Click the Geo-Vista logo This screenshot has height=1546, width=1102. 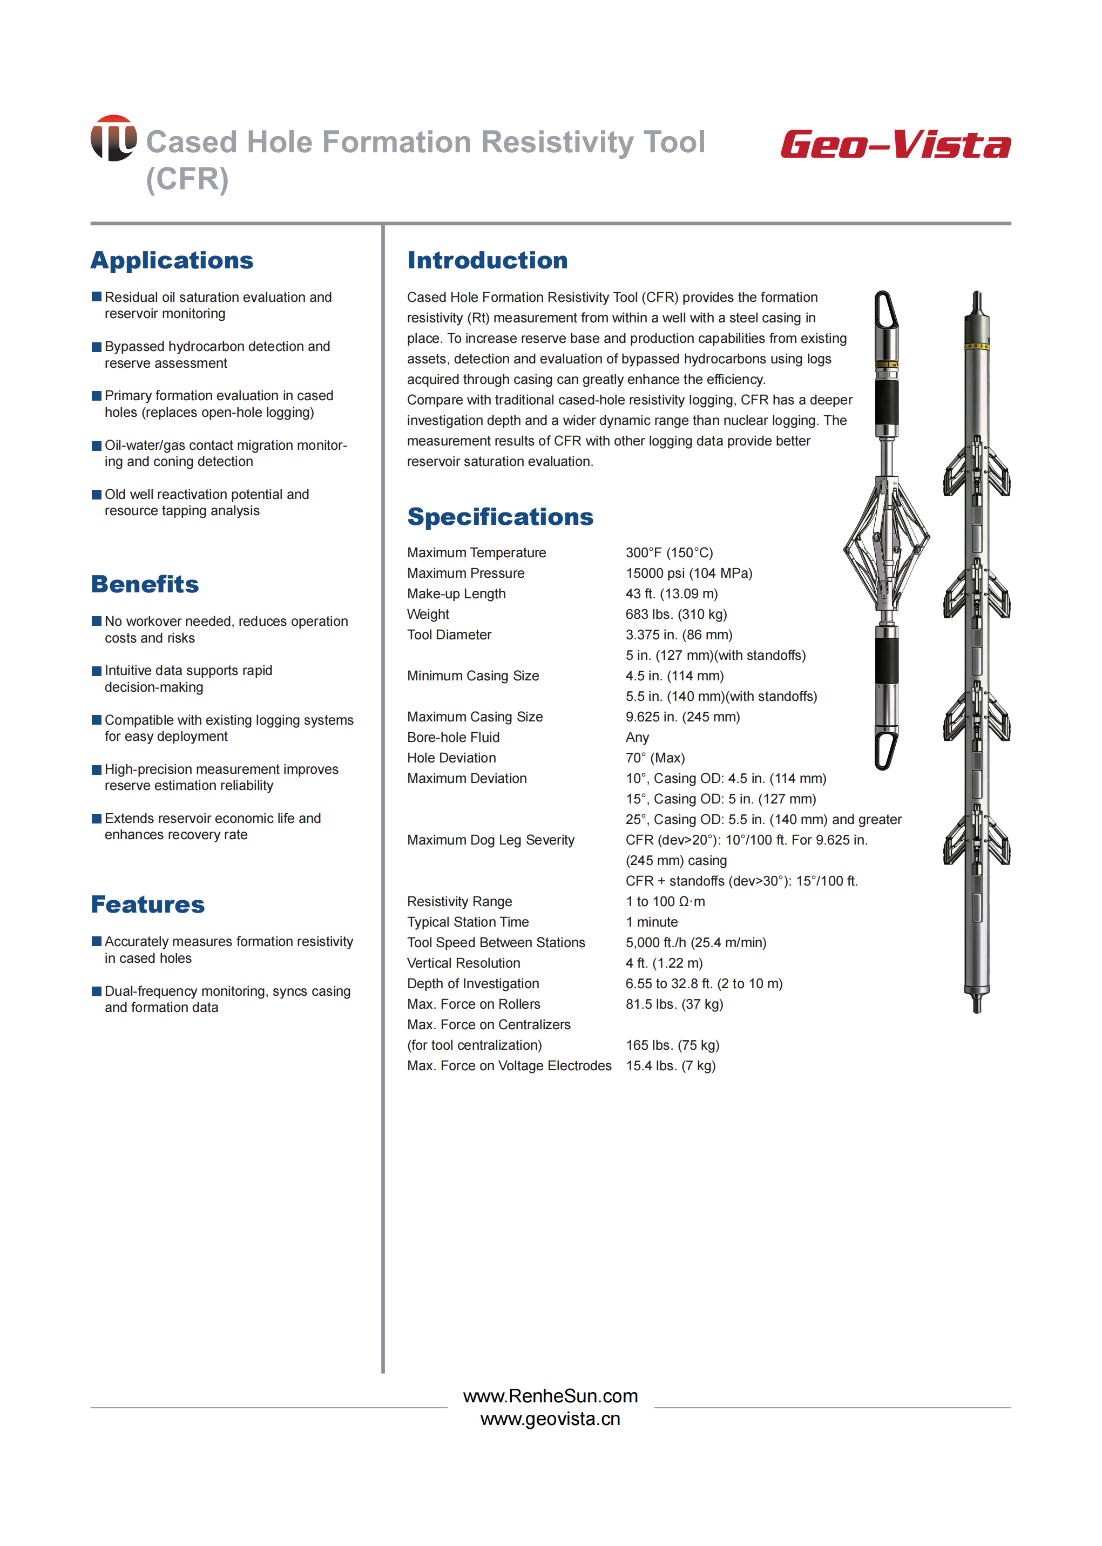(x=895, y=145)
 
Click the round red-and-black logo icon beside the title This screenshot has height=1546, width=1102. (x=113, y=138)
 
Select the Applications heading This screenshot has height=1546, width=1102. (x=172, y=261)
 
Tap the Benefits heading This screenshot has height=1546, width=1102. (x=145, y=584)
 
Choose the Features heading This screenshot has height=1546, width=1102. (x=147, y=904)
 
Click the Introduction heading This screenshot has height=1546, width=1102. (x=487, y=261)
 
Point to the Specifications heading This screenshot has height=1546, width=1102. (x=500, y=517)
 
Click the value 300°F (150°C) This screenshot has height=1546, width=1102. (x=669, y=553)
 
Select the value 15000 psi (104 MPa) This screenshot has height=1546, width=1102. (x=689, y=573)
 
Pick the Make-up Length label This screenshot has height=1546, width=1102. (x=456, y=594)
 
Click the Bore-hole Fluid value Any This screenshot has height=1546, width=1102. (x=637, y=738)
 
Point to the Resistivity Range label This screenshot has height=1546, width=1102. (x=459, y=902)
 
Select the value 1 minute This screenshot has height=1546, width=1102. (x=652, y=922)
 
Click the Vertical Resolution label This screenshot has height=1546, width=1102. (x=463, y=963)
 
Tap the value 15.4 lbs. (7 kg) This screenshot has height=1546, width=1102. (x=671, y=1065)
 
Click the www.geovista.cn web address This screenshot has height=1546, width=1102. (x=550, y=1419)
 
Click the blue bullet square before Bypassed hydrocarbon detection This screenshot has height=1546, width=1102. (x=96, y=347)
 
